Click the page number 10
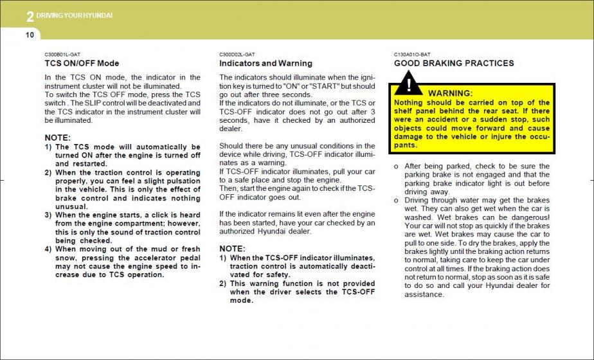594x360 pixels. pyautogui.click(x=30, y=34)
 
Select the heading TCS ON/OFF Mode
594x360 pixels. pyautogui.click(x=82, y=64)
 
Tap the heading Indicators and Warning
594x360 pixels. pyautogui.click(x=265, y=64)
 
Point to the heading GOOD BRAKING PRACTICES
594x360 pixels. pyautogui.click(x=454, y=64)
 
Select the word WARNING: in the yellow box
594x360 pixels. pyautogui.click(x=450, y=94)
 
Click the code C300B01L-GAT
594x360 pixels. pyautogui.click(x=62, y=55)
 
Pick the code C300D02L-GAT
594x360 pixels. pyautogui.click(x=237, y=55)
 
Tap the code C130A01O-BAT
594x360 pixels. pyautogui.click(x=412, y=55)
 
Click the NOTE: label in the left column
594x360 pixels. pyautogui.click(x=57, y=138)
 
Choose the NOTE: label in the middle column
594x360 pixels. pyautogui.click(x=232, y=249)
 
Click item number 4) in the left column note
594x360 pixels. pyautogui.click(x=48, y=249)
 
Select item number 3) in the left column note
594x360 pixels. pyautogui.click(x=48, y=215)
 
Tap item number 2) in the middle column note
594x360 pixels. pyautogui.click(x=223, y=283)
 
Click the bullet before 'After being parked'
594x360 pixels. pyautogui.click(x=396, y=166)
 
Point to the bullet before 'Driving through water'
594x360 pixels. pyautogui.click(x=396, y=201)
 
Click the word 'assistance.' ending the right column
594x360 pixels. pyautogui.click(x=424, y=295)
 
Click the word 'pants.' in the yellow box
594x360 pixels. pyautogui.click(x=406, y=145)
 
